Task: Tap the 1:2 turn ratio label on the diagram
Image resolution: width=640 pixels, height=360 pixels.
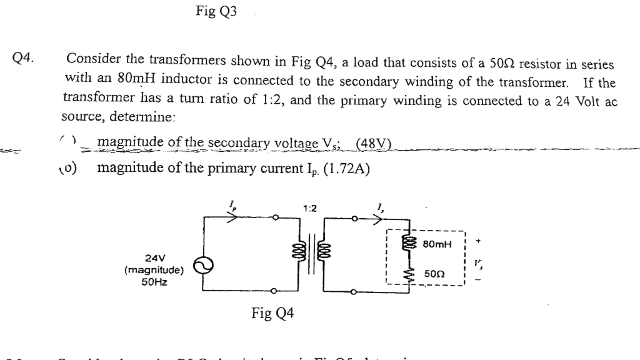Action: (309, 208)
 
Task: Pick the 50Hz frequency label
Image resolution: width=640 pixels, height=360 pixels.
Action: (154, 282)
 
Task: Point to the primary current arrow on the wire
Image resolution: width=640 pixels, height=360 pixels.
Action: (232, 219)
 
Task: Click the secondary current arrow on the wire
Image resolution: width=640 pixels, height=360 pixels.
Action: (381, 219)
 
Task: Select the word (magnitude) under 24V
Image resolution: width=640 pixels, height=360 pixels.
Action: (154, 271)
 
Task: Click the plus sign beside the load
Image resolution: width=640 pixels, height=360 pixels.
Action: (478, 239)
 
